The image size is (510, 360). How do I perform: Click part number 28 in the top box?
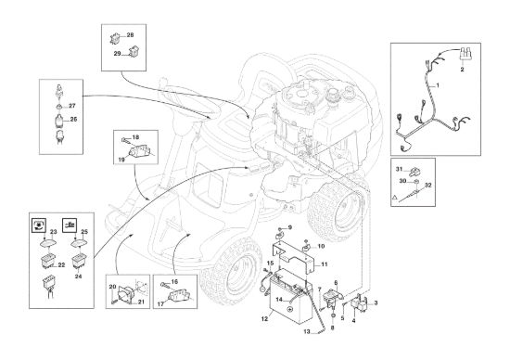130,35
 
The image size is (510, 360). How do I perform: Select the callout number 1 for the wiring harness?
438,85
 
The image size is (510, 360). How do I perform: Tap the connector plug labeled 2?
465,54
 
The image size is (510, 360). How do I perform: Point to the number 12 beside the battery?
264,319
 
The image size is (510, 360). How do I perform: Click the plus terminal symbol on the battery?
289,308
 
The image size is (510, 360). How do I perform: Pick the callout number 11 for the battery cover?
325,264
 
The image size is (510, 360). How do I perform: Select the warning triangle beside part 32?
394,198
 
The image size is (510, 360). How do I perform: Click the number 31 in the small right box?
399,169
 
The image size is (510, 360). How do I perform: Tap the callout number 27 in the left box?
72,106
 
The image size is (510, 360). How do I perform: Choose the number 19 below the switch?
121,160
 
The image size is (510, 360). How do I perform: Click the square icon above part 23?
39,225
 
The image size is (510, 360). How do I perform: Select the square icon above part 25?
70,225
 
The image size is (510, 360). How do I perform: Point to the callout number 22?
61,265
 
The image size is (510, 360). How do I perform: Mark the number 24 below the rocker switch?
78,276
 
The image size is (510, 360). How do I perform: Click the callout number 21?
141,302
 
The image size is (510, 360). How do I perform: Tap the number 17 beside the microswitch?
161,304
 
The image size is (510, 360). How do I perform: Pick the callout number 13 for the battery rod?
307,332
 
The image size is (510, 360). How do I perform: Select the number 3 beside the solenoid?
376,303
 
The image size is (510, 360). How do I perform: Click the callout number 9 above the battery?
290,227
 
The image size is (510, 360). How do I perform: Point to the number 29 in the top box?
117,54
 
